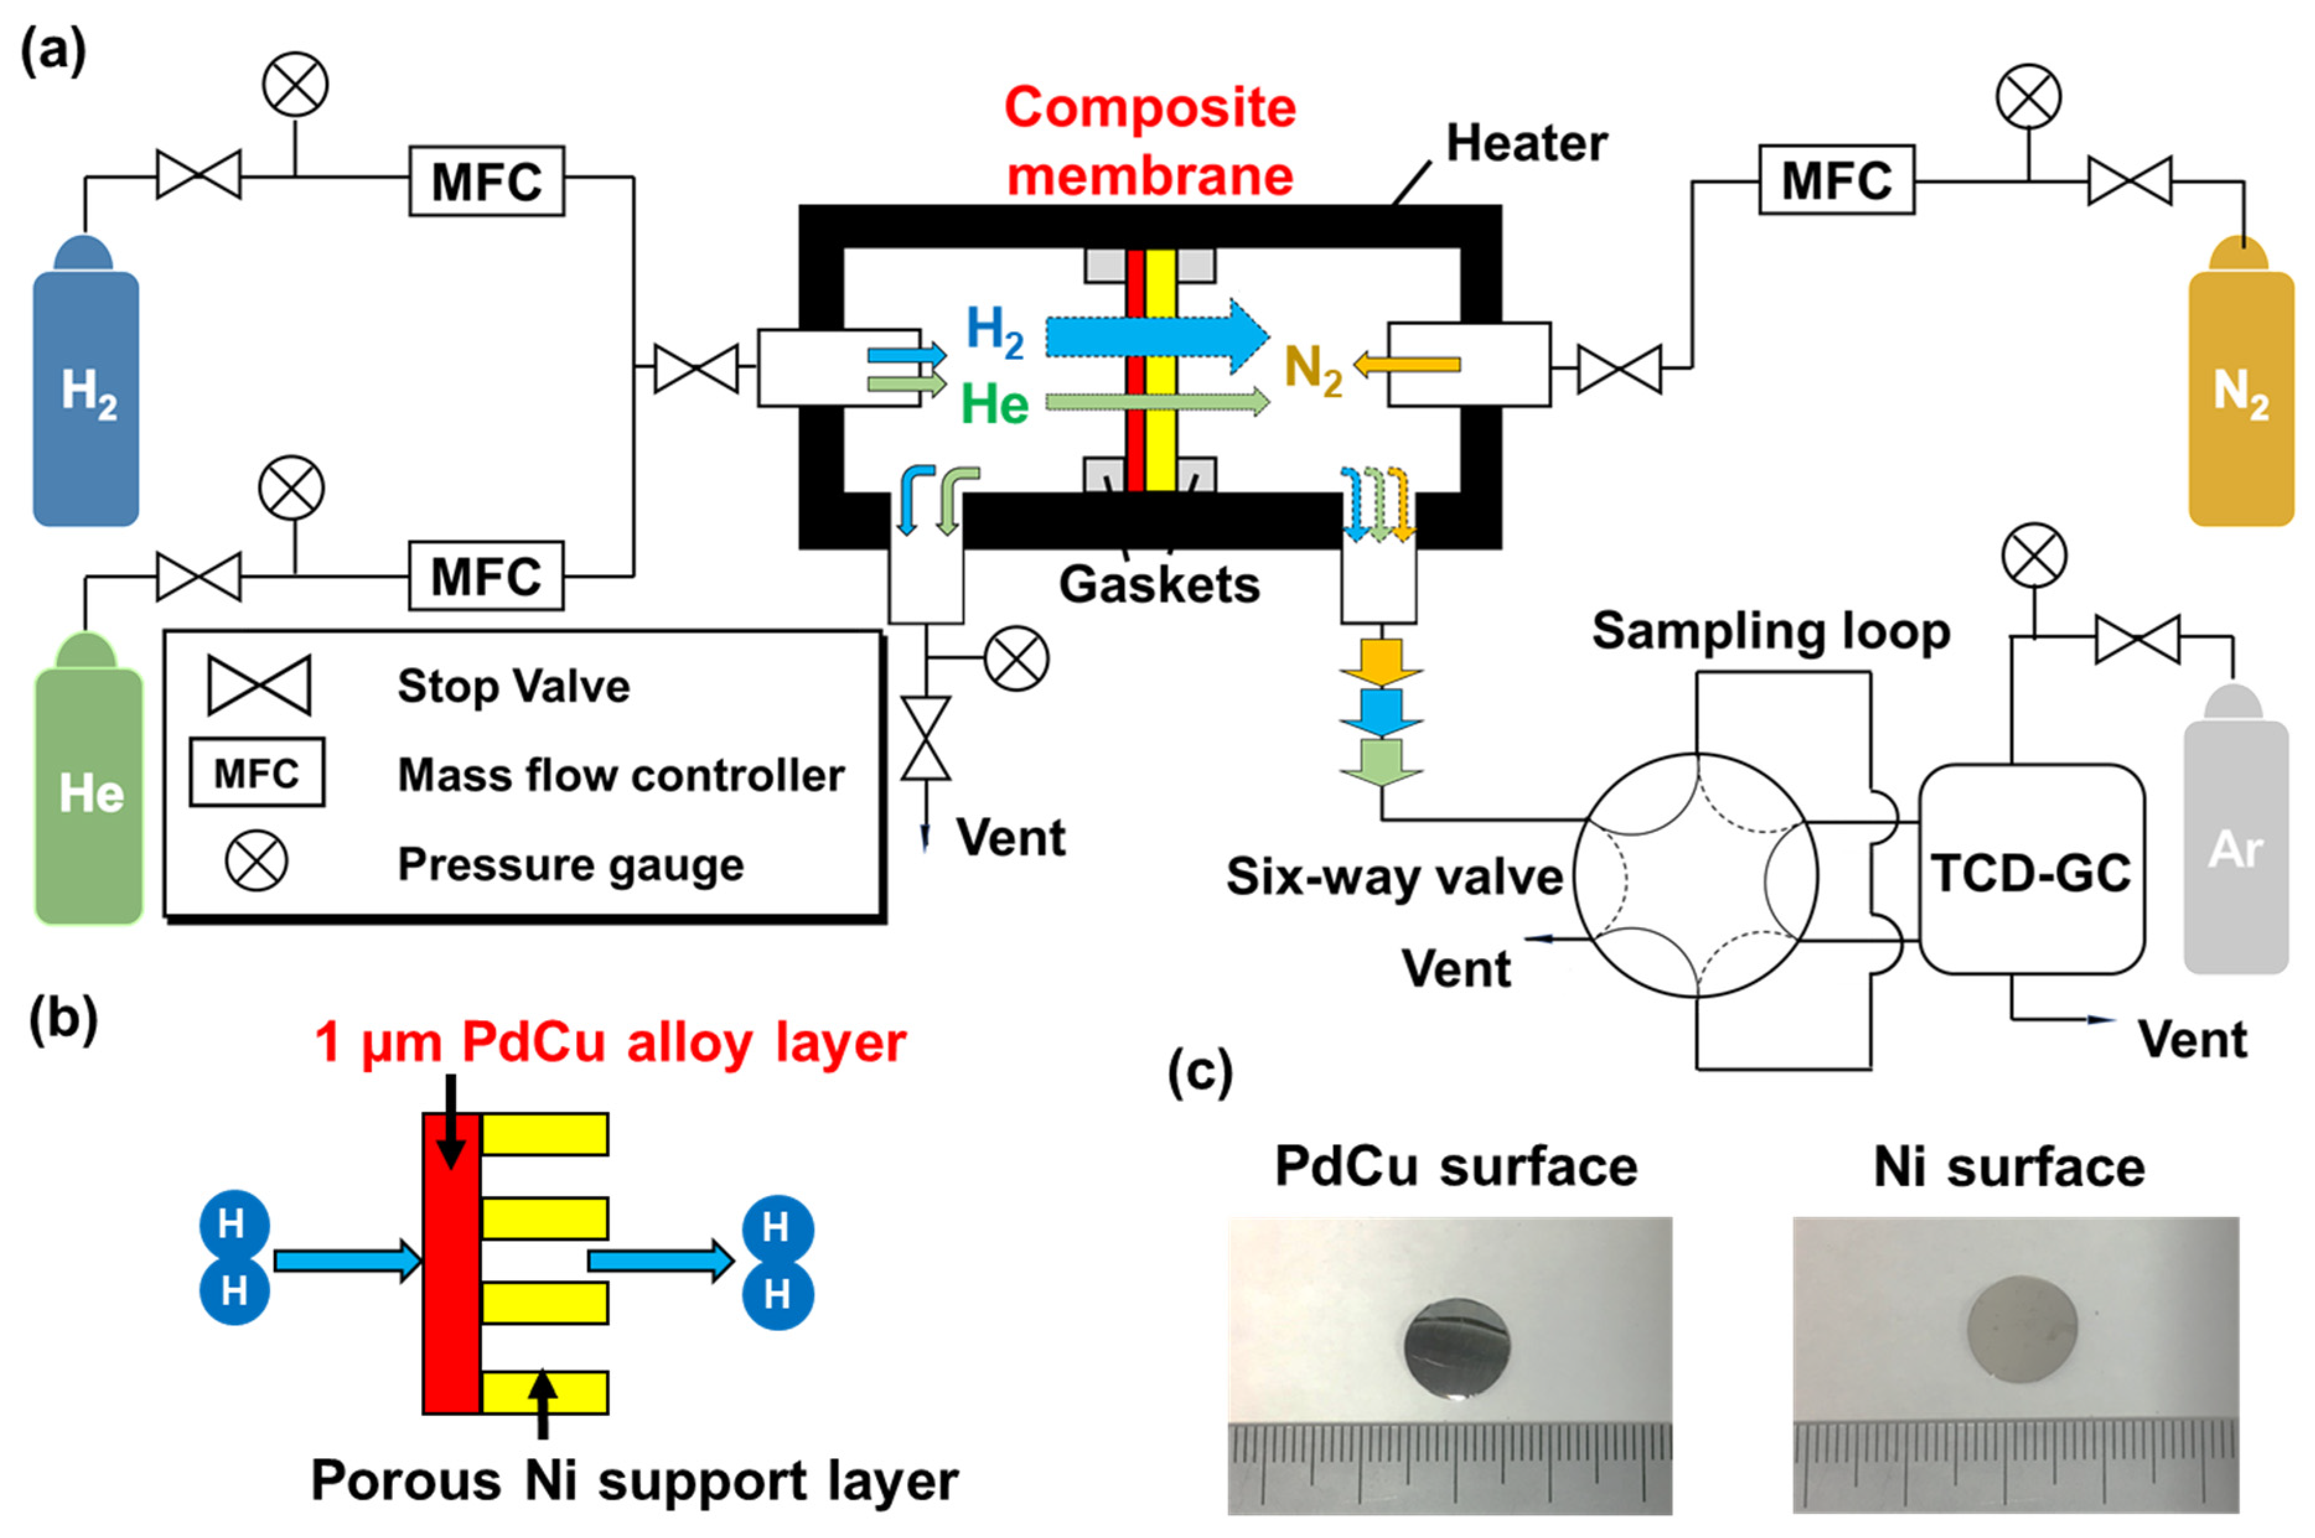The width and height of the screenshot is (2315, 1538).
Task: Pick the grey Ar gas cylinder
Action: click(2236, 829)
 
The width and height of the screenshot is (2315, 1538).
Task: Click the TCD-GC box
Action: click(2031, 870)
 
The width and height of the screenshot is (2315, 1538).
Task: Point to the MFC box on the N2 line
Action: click(1836, 180)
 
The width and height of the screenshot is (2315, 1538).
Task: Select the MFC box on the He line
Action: click(486, 576)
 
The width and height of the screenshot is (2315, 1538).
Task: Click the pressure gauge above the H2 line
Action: click(295, 84)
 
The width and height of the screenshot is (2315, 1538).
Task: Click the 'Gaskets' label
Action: click(1159, 585)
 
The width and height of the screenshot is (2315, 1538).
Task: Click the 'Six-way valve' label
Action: click(1394, 876)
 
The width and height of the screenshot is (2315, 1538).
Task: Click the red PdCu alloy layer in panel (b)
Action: click(451, 1264)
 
